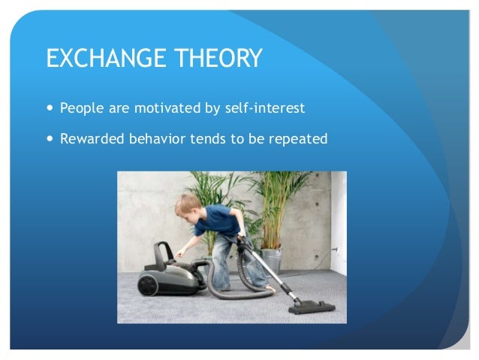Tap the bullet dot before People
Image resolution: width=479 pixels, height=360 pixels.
[50, 108]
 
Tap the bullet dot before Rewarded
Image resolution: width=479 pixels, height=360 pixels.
[50, 139]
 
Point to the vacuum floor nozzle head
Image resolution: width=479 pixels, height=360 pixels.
[312, 306]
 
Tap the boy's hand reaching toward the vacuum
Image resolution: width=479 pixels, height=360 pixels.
[180, 254]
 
